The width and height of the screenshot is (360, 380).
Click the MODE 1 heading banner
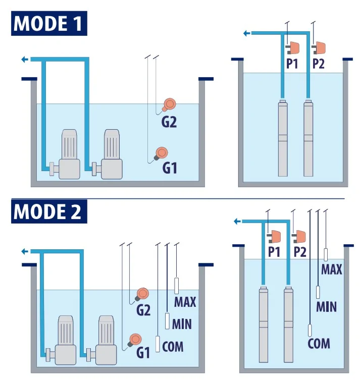coord(49,24)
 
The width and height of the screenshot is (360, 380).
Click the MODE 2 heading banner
coord(49,212)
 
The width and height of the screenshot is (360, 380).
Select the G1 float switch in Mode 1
coord(162,152)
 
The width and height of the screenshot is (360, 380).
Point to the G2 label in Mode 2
coord(143,310)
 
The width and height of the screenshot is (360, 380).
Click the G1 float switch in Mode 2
coord(135,340)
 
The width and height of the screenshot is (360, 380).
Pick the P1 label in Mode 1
coord(292,64)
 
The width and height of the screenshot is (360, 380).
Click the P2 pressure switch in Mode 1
coord(319,48)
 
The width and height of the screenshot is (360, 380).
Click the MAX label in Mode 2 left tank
coord(185,302)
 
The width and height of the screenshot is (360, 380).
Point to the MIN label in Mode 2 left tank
coord(182,323)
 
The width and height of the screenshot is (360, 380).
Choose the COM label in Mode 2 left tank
coord(173,347)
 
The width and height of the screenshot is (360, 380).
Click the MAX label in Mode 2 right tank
coord(332,269)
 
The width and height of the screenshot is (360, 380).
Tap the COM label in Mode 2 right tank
coord(319,344)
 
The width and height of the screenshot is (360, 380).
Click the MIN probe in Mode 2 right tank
coord(318,292)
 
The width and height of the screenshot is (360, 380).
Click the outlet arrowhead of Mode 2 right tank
coord(237,221)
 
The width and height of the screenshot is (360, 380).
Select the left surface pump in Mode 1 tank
coord(67,155)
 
